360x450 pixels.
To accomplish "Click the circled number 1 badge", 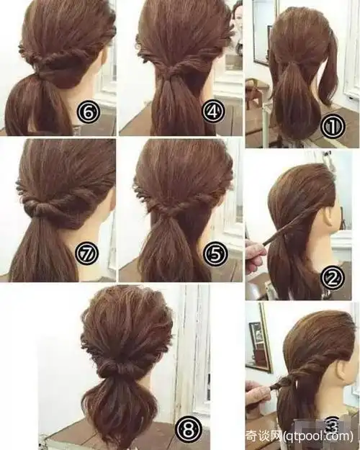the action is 332,127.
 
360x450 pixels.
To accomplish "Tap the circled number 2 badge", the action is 332,277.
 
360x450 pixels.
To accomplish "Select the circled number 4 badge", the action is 213,112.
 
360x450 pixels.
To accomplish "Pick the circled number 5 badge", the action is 215,253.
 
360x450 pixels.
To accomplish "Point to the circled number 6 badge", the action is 88,112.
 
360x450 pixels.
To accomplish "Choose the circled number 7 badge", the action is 86,253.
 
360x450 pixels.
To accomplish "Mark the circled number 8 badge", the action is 189,429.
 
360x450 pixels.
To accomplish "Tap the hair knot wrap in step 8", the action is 119,368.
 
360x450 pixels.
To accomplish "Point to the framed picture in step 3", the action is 259,338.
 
